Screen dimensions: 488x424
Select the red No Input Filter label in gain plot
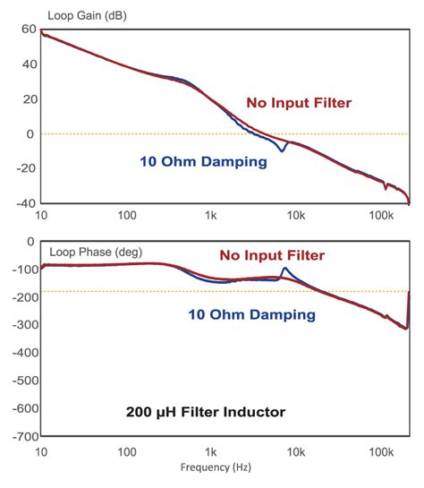[298, 103]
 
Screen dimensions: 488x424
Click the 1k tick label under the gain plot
[211, 217]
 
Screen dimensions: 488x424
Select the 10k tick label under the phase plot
[297, 452]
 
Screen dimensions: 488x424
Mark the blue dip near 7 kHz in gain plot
[283, 150]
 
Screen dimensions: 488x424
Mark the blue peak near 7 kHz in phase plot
[284, 268]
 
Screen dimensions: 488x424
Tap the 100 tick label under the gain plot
[126, 217]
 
